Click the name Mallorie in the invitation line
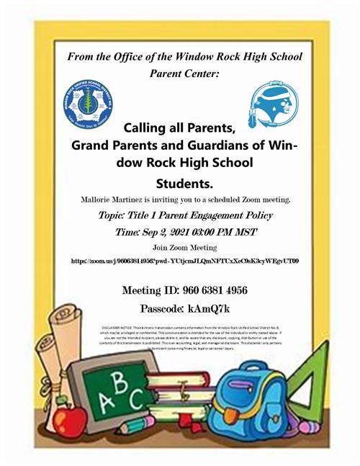coord(103,197)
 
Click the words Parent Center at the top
coord(180,73)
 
